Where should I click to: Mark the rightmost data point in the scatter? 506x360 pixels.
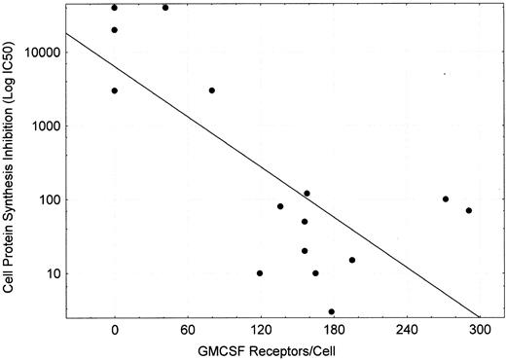click(x=468, y=210)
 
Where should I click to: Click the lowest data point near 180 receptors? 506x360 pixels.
click(x=332, y=311)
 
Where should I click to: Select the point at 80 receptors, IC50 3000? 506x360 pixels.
click(x=211, y=90)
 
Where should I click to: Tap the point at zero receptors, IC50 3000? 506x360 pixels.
click(x=115, y=90)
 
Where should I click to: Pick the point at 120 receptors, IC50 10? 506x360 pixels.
click(x=260, y=273)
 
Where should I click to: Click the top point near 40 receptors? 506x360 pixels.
click(x=165, y=8)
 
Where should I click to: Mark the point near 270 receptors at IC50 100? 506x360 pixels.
click(x=446, y=199)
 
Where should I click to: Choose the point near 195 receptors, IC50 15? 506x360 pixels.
click(x=352, y=260)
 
